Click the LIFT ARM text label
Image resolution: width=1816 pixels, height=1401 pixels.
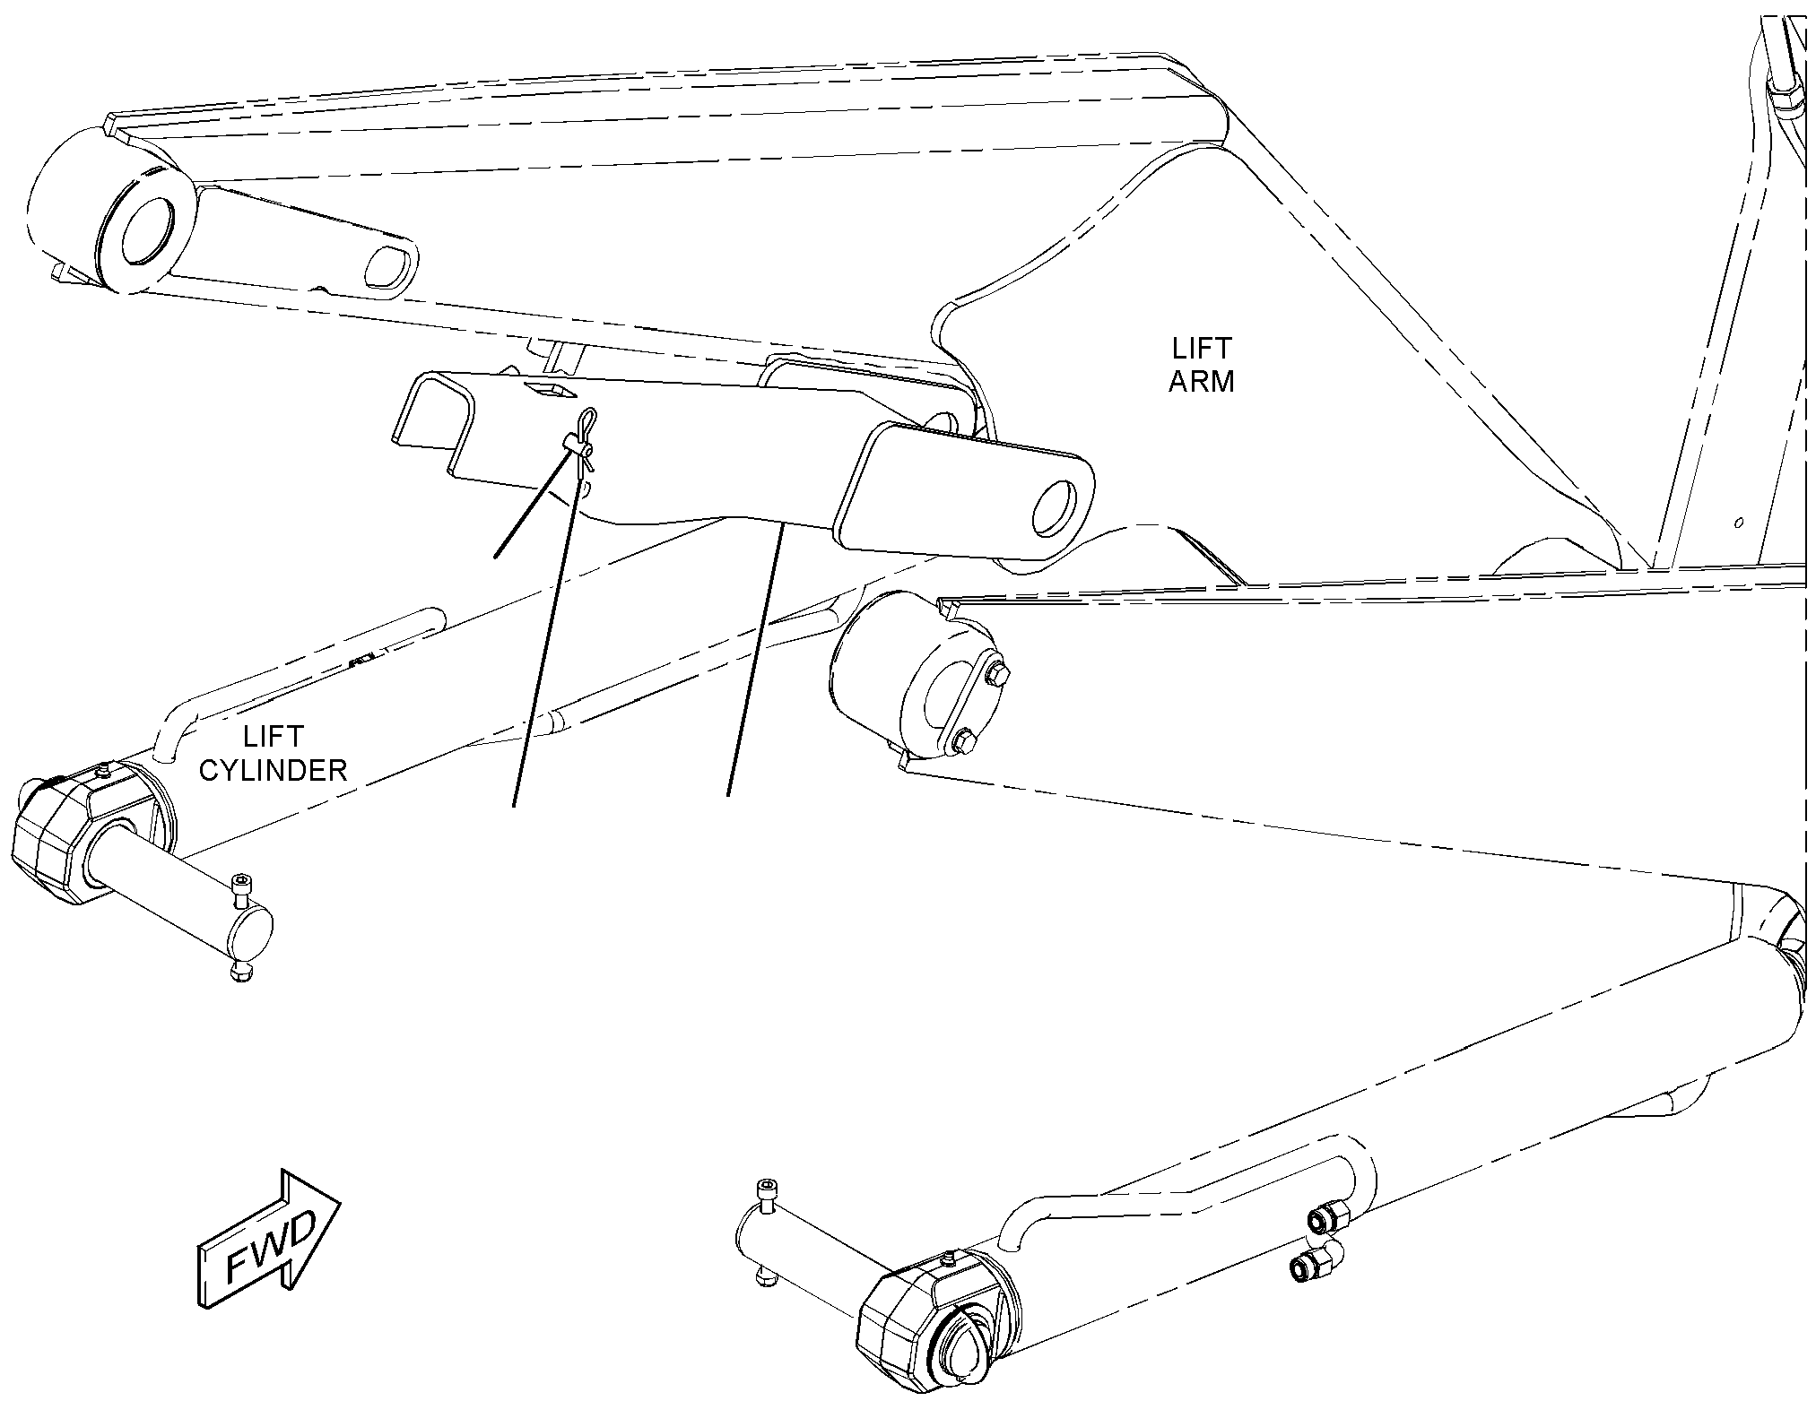1202,365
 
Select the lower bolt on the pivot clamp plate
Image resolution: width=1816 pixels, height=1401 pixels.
963,741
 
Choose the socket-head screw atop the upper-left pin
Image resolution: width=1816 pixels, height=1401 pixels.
241,886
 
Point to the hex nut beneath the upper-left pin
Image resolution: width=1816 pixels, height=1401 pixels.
239,971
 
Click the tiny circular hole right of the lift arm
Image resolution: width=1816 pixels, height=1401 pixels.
1739,522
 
